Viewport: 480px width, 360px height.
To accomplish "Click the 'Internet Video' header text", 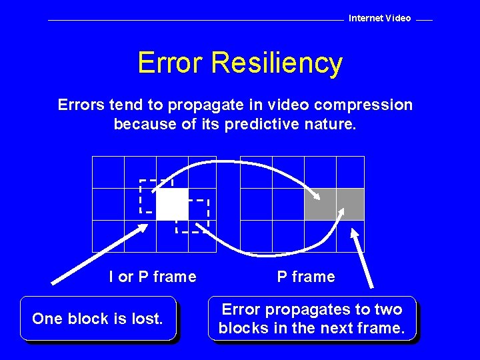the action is [x=380, y=18].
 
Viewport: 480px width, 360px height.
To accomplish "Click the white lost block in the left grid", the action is [x=171, y=204].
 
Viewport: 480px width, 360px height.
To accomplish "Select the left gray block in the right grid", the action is [x=320, y=204].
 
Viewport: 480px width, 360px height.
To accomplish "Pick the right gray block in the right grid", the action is [x=350, y=204].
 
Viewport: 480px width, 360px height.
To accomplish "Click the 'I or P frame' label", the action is [x=153, y=277].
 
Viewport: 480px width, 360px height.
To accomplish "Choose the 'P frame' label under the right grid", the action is [x=306, y=277].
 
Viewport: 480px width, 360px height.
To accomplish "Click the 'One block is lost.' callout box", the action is [x=98, y=319].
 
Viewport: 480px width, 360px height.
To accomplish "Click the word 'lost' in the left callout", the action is [x=147, y=319].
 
